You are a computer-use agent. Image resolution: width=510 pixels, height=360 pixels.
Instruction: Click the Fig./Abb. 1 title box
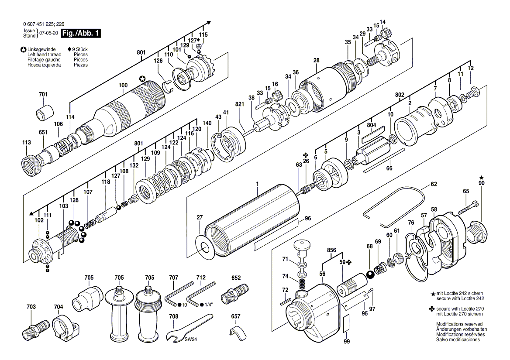click(x=81, y=33)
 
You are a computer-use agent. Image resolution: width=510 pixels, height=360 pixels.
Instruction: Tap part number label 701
click(x=43, y=94)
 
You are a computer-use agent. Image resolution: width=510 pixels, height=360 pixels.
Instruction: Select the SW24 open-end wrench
click(x=189, y=327)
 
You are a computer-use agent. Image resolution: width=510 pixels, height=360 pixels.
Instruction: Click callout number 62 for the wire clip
click(x=434, y=184)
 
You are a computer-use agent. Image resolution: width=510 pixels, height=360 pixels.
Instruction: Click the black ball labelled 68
click(x=370, y=275)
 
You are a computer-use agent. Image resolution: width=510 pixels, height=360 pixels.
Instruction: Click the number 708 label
click(x=174, y=316)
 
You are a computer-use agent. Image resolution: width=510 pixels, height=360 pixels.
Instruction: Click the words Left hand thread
click(x=44, y=55)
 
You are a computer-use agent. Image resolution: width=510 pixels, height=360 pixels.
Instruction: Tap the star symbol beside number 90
click(x=481, y=178)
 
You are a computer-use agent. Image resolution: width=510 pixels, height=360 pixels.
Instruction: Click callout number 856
click(x=331, y=250)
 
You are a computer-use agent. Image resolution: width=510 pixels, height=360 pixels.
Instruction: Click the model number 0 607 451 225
click(x=39, y=24)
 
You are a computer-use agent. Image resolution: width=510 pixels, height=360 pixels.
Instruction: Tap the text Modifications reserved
click(x=459, y=324)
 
